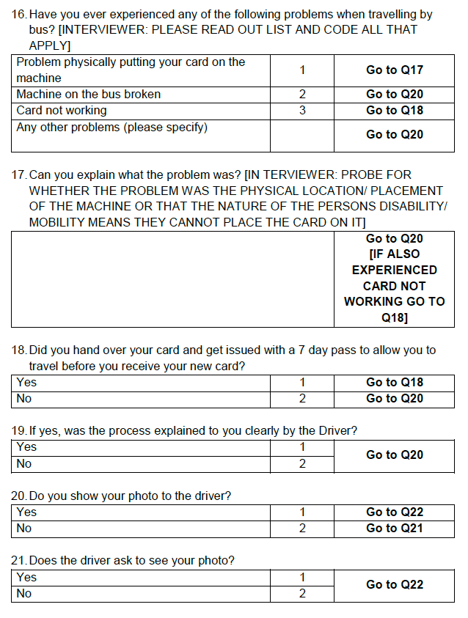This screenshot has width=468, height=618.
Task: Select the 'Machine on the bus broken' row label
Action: click(88, 95)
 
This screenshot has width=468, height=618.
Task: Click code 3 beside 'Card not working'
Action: click(301, 111)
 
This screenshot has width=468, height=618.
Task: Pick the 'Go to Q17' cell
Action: click(394, 70)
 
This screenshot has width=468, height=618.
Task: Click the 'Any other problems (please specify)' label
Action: click(111, 128)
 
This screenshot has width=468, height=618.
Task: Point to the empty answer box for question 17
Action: click(172, 279)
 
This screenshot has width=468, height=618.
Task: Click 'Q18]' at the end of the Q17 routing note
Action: click(394, 317)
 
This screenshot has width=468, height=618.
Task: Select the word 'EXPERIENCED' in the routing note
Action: click(394, 270)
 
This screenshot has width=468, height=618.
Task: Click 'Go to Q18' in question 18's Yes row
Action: click(394, 383)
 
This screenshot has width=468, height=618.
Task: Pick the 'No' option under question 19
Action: click(24, 464)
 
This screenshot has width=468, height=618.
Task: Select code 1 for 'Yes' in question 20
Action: click(301, 512)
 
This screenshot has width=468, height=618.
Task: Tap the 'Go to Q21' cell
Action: click(394, 529)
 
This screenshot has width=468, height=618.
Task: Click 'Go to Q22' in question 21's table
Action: click(394, 585)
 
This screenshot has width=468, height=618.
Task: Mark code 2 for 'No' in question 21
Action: click(301, 594)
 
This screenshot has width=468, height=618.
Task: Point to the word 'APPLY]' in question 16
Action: click(50, 45)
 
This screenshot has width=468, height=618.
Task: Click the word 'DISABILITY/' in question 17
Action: click(412, 207)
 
